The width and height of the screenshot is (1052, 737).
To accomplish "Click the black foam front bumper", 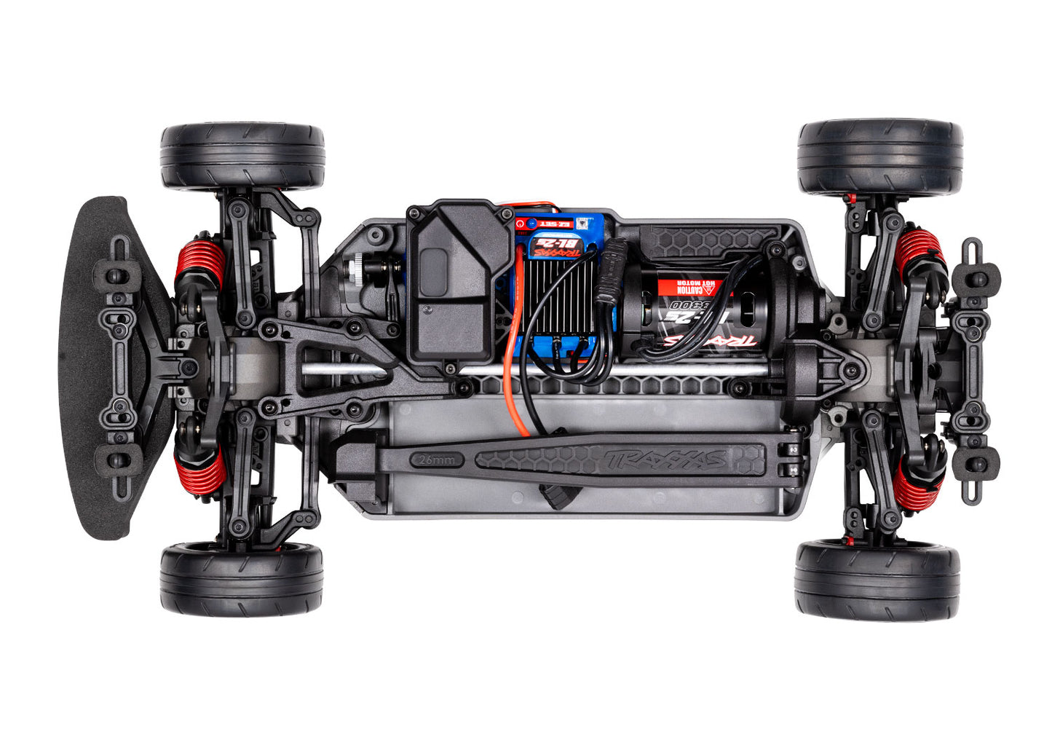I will tap(87, 364).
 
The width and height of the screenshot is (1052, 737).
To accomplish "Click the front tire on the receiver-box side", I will tap(242, 155).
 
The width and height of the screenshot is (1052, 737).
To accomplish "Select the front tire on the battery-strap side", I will tap(242, 579).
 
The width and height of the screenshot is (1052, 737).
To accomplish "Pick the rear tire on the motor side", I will tap(879, 157).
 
